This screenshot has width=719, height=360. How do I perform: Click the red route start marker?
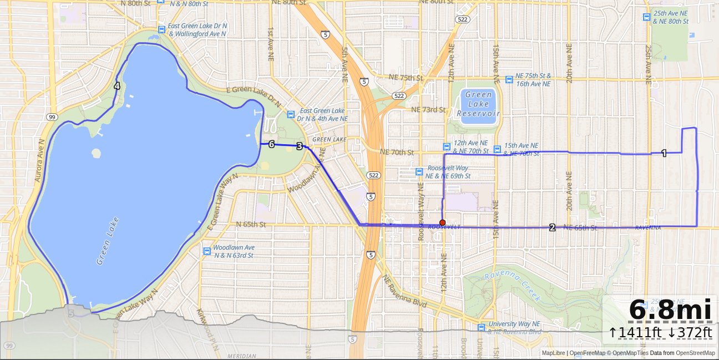coord(442,222)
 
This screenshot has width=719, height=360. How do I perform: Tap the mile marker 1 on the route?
coord(664,153)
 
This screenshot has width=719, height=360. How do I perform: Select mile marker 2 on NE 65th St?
coord(552,227)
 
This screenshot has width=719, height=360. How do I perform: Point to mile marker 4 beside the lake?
coord(117,86)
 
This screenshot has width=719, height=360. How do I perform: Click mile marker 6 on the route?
coord(271,144)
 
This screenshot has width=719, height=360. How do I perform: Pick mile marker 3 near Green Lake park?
coord(300,146)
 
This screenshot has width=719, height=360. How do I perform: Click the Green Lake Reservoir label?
coord(479,104)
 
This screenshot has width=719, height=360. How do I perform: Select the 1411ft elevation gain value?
coord(636,332)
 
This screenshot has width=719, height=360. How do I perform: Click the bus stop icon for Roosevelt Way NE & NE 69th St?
coord(419,172)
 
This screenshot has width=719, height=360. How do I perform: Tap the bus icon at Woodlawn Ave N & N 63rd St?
coord(207,251)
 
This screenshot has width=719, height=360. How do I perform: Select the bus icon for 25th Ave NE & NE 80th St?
coord(646,17)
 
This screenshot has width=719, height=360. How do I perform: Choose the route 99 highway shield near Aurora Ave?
coord(52,117)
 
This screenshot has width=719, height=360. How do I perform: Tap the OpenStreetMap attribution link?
coord(695,353)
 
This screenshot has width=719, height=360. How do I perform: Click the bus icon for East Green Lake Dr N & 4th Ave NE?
coord(290,115)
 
